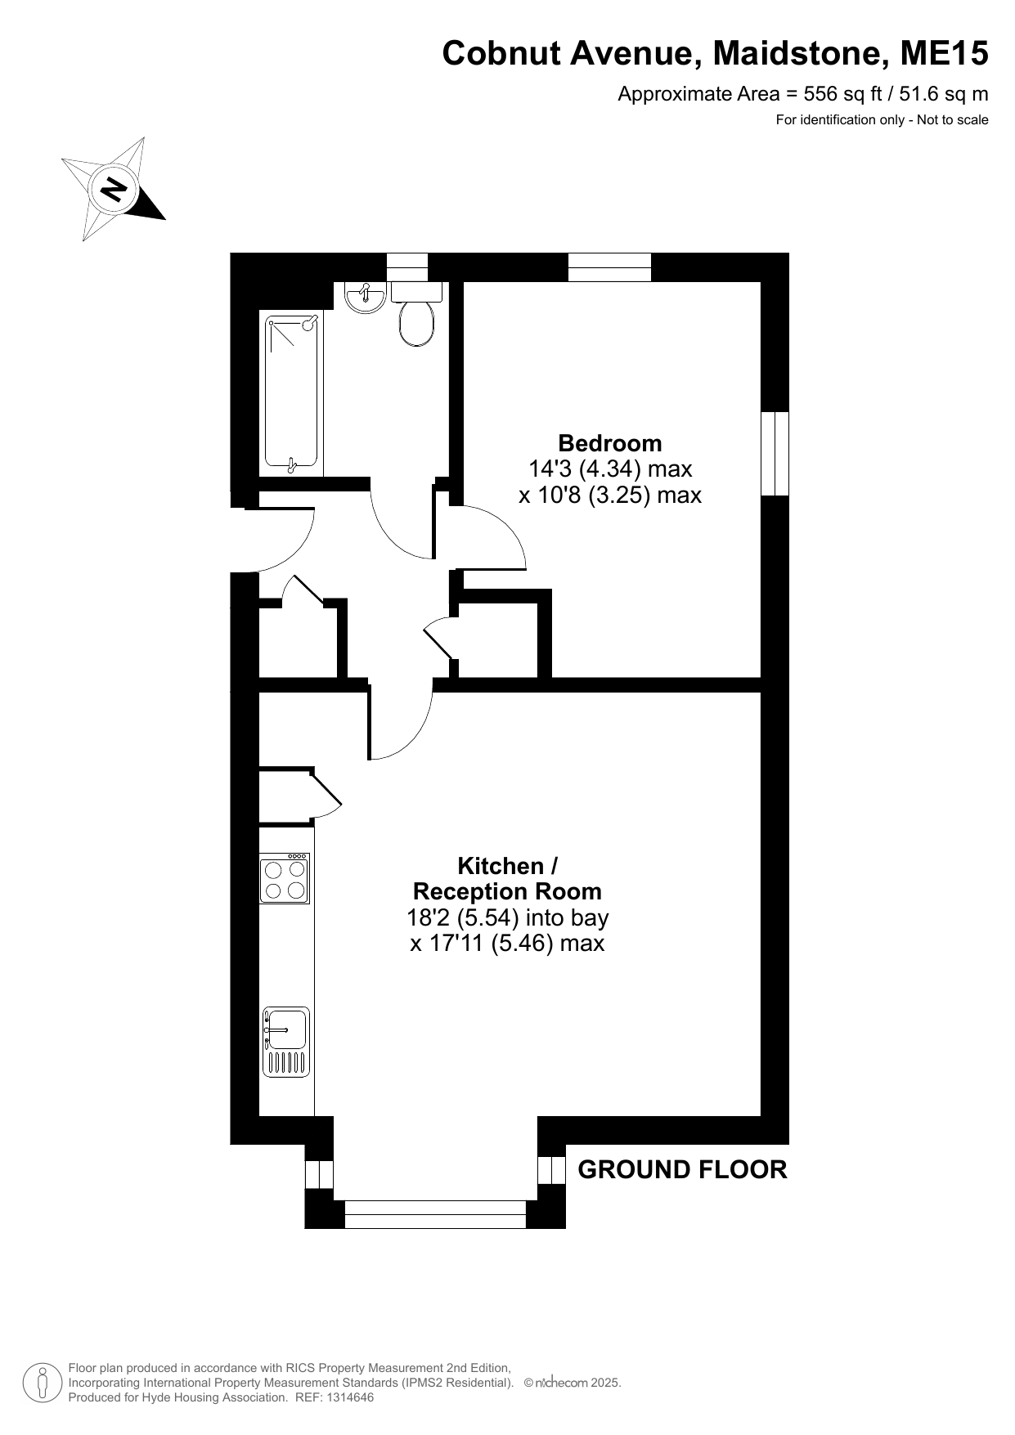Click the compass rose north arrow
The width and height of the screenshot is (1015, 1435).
(x=114, y=189)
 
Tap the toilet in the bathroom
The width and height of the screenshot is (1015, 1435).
(x=417, y=314)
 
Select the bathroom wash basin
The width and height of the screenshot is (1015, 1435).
(x=366, y=298)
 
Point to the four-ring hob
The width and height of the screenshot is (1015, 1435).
(x=285, y=879)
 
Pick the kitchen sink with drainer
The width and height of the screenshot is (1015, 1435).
(x=286, y=1041)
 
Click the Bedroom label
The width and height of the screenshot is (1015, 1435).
(x=610, y=443)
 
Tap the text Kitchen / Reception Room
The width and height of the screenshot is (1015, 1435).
(x=507, y=878)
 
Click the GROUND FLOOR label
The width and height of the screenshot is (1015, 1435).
(x=683, y=1170)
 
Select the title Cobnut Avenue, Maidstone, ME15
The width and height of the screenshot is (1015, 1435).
(x=716, y=54)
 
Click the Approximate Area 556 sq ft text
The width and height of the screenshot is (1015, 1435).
(x=803, y=94)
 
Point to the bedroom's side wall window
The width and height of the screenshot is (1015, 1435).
(x=775, y=454)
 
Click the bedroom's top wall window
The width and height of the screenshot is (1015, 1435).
(x=610, y=267)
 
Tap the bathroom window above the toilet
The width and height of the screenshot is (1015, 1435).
(x=407, y=267)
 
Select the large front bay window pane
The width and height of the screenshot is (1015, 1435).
(x=435, y=1214)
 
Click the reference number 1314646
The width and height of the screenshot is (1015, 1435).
(x=349, y=1397)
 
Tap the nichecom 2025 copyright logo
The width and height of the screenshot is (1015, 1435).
(x=573, y=1383)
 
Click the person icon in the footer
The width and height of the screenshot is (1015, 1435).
(x=42, y=1383)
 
